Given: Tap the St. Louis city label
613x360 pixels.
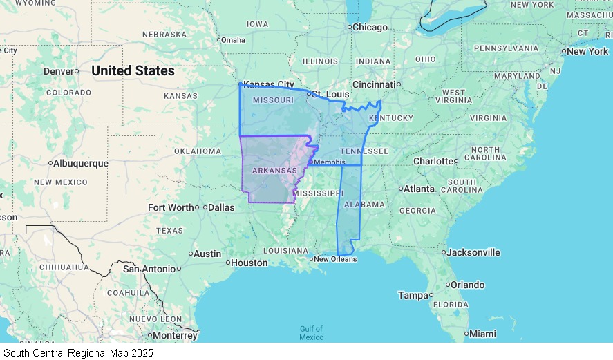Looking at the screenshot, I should (x=328, y=94).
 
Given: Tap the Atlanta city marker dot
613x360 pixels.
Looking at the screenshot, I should (x=401, y=189).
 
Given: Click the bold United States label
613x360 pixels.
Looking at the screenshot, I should (x=133, y=71).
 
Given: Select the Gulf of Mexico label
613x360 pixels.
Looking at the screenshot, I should (x=311, y=333).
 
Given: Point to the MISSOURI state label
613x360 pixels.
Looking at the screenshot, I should (x=274, y=101).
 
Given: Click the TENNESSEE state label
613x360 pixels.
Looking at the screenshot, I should (x=364, y=151).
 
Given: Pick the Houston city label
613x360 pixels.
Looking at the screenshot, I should (x=249, y=263).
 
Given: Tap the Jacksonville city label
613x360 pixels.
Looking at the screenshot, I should (x=473, y=252).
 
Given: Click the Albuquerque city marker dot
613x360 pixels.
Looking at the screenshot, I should (x=50, y=164).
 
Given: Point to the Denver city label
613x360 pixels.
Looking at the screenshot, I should (x=58, y=71).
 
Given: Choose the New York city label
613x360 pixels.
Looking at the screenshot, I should (x=587, y=51).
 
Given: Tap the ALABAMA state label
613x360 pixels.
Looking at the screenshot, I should (x=364, y=205).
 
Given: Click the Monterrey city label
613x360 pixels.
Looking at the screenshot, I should (x=175, y=335).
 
